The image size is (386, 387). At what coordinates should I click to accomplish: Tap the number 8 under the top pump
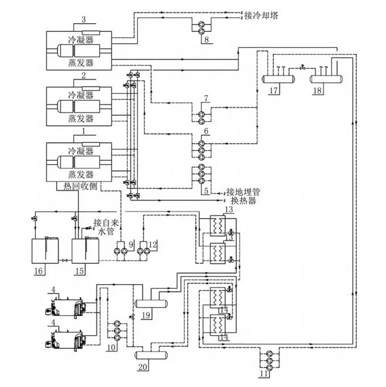[x=207, y=40]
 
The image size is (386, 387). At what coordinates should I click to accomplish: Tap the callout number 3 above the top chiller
[x=83, y=20]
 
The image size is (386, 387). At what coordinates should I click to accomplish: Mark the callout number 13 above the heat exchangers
[x=228, y=210]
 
